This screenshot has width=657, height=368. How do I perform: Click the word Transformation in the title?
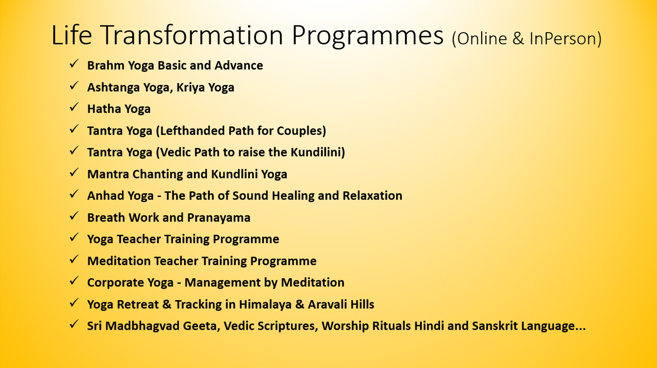192,35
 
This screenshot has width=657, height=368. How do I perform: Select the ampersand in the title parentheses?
518,39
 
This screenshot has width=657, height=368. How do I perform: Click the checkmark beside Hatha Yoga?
74,107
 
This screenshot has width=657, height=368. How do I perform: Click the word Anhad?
105,196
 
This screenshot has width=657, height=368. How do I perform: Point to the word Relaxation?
372,196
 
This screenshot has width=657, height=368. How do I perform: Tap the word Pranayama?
218,218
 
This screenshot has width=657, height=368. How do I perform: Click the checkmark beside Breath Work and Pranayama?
74,216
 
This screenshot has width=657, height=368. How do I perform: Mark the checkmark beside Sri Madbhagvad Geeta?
74,324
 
